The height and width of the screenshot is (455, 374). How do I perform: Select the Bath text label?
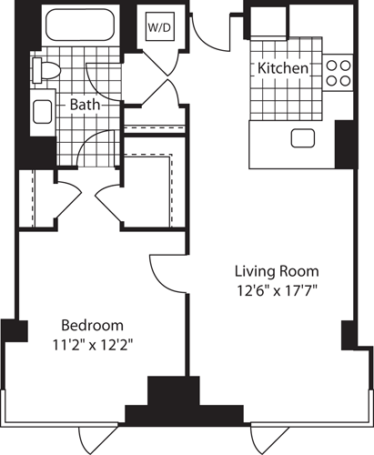(x=85, y=105)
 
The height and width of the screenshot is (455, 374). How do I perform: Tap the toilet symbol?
(x=45, y=69)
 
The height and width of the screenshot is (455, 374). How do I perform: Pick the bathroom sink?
(x=42, y=113)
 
